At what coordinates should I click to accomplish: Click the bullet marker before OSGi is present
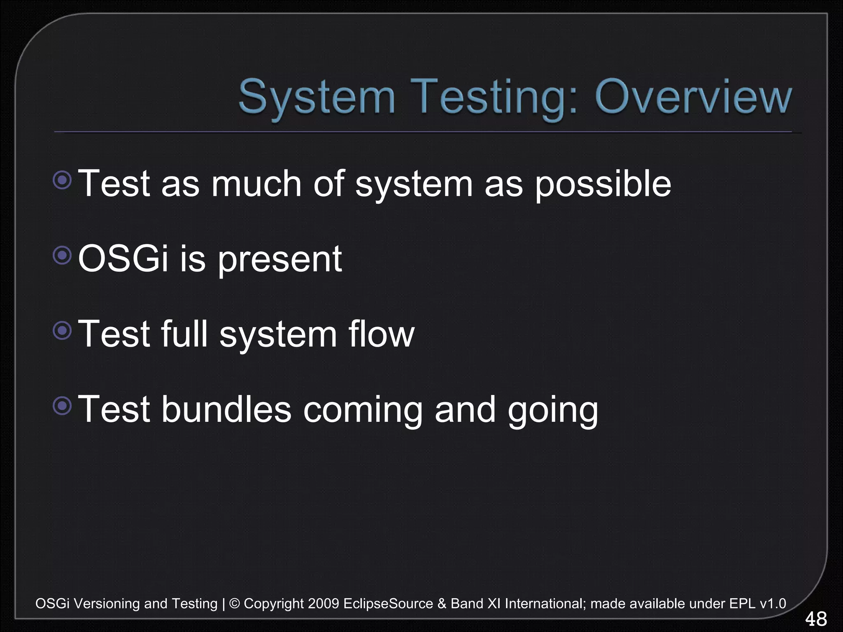(x=63, y=256)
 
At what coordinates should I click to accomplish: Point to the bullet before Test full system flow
(x=63, y=330)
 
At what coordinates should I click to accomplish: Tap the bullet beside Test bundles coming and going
(x=63, y=406)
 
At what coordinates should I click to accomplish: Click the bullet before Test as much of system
(x=63, y=180)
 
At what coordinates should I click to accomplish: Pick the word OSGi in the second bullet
(x=123, y=258)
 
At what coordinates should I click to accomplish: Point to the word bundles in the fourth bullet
(x=226, y=409)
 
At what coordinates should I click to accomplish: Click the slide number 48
(x=815, y=619)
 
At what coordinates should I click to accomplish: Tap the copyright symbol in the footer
(x=234, y=604)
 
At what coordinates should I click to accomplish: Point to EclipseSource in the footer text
(x=388, y=604)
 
